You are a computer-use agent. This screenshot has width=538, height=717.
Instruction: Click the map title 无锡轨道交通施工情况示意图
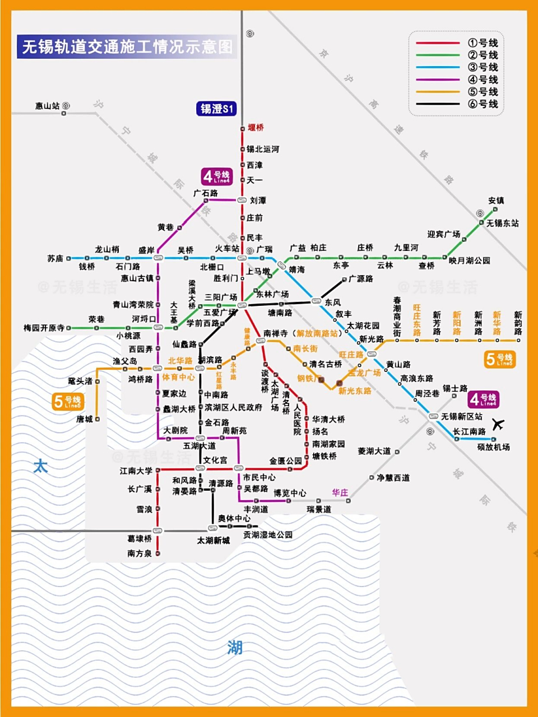(127, 47)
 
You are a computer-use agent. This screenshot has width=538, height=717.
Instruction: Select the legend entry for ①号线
(483, 43)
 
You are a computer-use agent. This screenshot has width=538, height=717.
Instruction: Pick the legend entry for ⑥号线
(483, 104)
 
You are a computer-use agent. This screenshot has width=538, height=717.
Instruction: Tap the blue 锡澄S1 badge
(216, 109)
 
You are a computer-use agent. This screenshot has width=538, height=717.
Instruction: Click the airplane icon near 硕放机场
(497, 424)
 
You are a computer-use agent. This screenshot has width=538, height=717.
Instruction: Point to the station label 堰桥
(256, 128)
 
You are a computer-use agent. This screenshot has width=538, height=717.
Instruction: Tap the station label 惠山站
(47, 106)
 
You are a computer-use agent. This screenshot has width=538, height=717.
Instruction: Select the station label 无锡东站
(502, 223)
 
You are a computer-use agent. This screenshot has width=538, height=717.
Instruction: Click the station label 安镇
(496, 201)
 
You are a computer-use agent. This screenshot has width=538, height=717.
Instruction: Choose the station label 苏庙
(55, 259)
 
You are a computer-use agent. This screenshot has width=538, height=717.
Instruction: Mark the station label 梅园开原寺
(44, 328)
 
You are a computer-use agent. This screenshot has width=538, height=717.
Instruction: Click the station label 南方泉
(140, 553)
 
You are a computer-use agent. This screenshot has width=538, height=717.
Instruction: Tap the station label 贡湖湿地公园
(268, 535)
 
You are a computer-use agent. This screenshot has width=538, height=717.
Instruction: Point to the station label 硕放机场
(493, 447)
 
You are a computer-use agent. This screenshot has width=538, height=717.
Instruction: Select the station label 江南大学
(136, 471)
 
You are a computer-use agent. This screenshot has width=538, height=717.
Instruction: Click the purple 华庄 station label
(340, 493)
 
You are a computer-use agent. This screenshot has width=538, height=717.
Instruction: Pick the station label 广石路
(206, 193)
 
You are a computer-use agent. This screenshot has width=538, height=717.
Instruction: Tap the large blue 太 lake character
(40, 465)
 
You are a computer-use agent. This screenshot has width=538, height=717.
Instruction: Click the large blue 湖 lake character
(235, 648)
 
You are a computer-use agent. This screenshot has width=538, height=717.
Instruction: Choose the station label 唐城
(85, 419)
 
